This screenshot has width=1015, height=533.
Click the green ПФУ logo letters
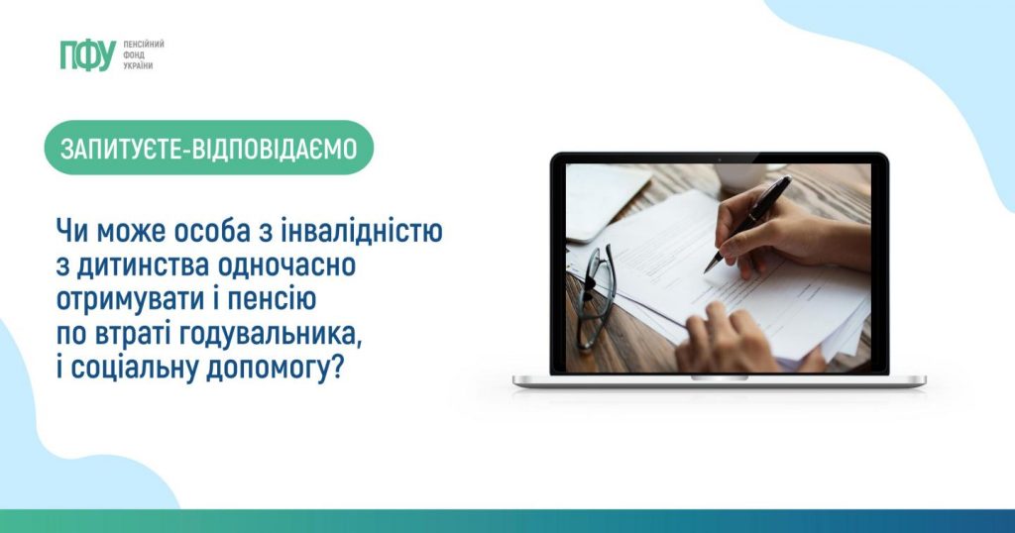(87, 54)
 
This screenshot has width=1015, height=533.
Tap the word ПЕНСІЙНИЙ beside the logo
(144, 44)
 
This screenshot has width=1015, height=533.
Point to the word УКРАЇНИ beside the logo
(138, 66)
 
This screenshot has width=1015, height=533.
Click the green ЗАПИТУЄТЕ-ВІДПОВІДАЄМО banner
(209, 148)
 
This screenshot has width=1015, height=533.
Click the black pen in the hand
(748, 223)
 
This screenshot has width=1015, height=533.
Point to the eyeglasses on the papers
(597, 295)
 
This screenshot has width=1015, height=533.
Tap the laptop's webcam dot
(720, 159)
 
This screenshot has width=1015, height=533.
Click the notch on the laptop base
(720, 377)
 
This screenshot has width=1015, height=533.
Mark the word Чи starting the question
(70, 231)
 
